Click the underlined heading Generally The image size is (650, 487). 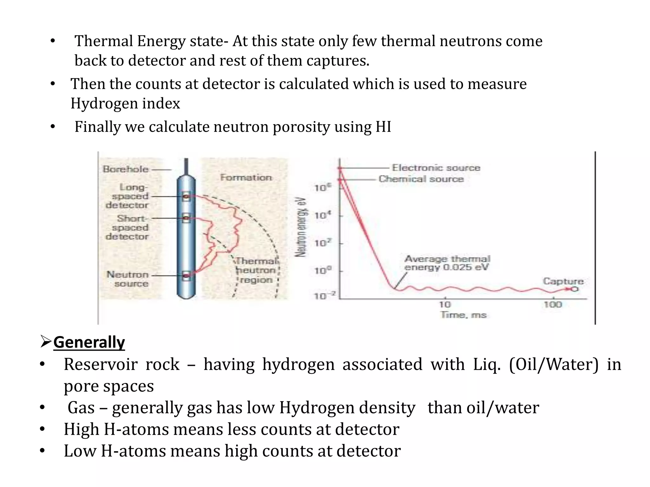[x=89, y=342]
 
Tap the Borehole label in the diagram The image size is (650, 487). [x=126, y=169]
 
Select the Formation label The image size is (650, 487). [x=246, y=177]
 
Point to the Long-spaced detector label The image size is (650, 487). [x=127, y=196]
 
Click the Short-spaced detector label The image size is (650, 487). [x=127, y=227]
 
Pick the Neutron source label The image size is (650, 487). [x=128, y=279]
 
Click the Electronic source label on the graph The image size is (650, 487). [x=436, y=168]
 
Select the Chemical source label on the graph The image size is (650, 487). [x=421, y=179]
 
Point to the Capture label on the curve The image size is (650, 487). [x=563, y=281]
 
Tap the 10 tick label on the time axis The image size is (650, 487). [x=445, y=305]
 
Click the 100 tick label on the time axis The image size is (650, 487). [x=553, y=305]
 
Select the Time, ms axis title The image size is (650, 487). [x=463, y=315]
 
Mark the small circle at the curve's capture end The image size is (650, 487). [x=575, y=289]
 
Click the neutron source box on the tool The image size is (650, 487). [x=186, y=276]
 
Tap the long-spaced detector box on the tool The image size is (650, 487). [x=186, y=197]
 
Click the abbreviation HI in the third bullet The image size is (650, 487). [x=383, y=127]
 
